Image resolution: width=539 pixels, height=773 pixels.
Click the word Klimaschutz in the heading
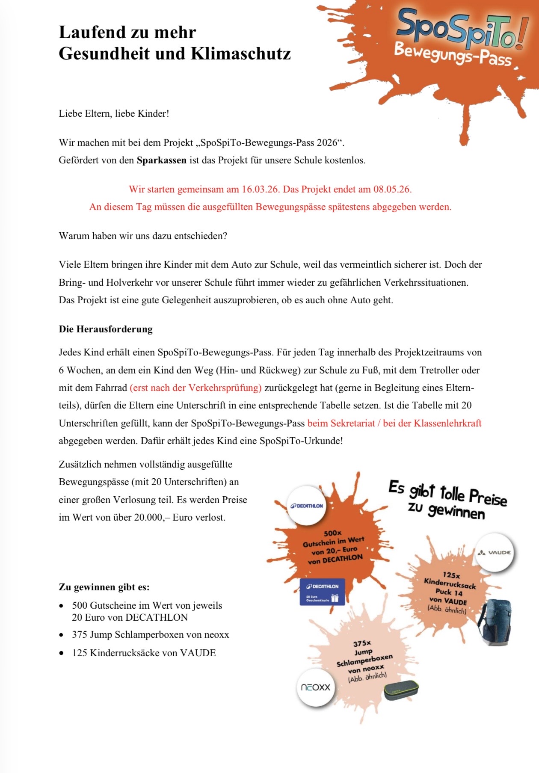[241, 54]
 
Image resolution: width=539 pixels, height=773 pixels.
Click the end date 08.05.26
[392, 189]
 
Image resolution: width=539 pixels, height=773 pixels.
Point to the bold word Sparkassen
[162, 160]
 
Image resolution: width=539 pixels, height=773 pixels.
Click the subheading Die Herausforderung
[106, 329]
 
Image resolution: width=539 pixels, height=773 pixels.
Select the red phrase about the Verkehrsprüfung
[195, 388]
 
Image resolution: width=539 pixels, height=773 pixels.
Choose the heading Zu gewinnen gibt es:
[104, 587]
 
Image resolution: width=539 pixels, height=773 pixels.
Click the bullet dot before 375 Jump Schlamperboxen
[62, 635]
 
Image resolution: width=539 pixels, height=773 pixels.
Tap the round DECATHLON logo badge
[306, 506]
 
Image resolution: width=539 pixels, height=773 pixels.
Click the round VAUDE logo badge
[494, 552]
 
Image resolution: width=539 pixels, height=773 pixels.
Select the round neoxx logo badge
[316, 687]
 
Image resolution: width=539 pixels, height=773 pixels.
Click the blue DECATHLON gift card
[322, 592]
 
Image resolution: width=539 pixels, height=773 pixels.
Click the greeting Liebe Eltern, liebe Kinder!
[114, 114]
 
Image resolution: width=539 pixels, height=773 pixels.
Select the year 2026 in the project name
[327, 143]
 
